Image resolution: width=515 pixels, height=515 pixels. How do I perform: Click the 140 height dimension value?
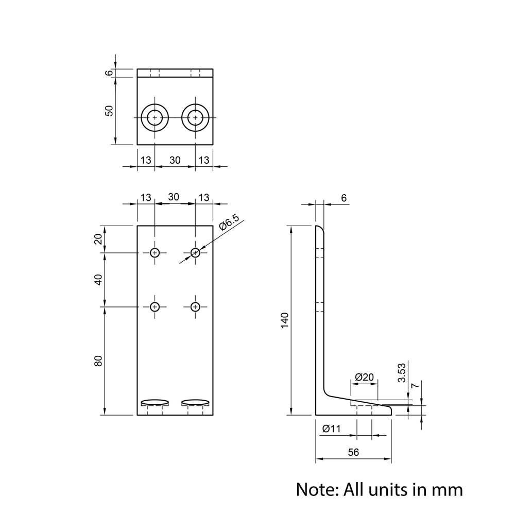(x=284, y=320)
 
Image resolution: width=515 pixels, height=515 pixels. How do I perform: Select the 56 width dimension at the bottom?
(x=353, y=452)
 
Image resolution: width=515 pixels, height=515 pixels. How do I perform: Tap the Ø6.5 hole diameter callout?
(x=229, y=222)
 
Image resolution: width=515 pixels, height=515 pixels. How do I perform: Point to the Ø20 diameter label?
(x=365, y=377)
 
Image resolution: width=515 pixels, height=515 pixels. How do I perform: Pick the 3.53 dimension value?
(x=402, y=372)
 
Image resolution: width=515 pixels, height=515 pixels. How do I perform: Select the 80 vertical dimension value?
(x=99, y=360)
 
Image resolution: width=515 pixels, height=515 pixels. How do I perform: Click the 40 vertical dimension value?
(x=99, y=279)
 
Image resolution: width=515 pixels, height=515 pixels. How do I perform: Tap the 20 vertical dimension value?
(x=99, y=239)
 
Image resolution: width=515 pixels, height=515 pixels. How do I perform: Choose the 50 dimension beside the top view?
(x=109, y=110)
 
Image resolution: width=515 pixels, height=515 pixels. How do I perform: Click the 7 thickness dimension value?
(x=415, y=386)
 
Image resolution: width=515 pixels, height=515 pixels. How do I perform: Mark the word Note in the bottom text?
(x=317, y=489)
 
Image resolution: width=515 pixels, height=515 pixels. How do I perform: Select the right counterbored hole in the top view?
(x=195, y=118)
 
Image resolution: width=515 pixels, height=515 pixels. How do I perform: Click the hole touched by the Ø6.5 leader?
(x=195, y=252)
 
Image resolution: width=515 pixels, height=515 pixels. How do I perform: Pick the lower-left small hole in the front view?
(x=155, y=307)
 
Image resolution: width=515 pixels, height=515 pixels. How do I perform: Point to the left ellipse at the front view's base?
(x=155, y=402)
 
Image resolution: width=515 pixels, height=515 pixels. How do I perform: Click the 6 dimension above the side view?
(x=344, y=198)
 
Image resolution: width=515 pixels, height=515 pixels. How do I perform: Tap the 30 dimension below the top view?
(x=175, y=160)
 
